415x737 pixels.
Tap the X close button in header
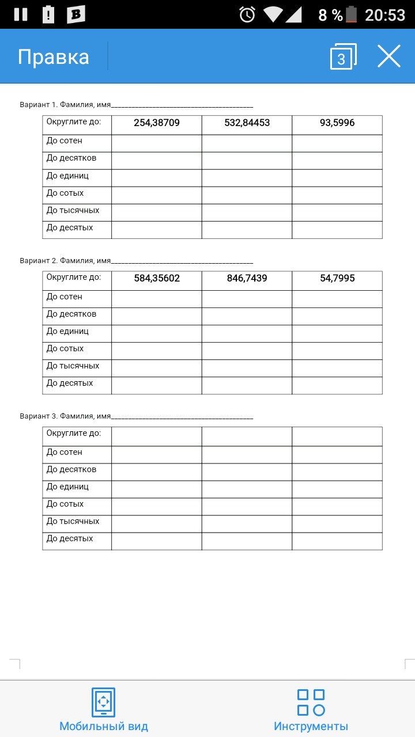point(389,56)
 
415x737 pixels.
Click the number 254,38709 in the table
point(157,123)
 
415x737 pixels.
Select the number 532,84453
point(247,123)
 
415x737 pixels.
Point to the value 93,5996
point(337,123)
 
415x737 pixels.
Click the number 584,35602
point(157,278)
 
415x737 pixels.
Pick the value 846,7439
point(247,278)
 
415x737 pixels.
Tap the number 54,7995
point(337,278)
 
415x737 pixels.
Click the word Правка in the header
point(54,57)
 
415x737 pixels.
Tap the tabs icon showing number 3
point(342,57)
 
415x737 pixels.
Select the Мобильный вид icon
point(104,702)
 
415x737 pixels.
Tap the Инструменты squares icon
point(311,702)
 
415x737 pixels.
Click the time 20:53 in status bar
point(385,15)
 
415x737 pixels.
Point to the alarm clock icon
point(247,14)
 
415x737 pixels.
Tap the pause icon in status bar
point(21,14)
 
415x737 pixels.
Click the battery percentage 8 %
point(330,15)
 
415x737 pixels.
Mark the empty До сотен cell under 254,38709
point(157,143)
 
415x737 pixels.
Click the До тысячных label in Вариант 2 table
point(73,366)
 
